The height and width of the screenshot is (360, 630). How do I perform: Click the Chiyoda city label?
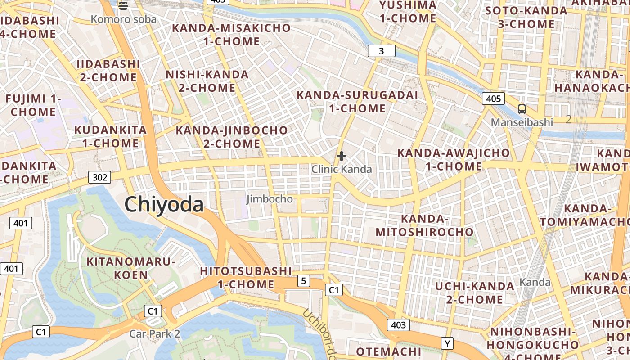[x=164, y=204]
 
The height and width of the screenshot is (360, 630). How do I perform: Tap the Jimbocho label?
[x=270, y=199]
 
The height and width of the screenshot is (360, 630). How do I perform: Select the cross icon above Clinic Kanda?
[x=342, y=156]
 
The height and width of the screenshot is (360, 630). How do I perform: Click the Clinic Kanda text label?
[x=342, y=169]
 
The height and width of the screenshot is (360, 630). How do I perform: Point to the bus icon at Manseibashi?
[x=522, y=109]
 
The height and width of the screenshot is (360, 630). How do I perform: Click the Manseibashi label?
[x=522, y=122]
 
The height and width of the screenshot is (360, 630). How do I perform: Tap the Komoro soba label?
[x=124, y=19]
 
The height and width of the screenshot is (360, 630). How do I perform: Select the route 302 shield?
[x=99, y=177]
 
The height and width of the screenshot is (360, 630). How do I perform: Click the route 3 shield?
[x=381, y=51]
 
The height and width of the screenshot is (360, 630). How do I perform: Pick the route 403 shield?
[x=398, y=324]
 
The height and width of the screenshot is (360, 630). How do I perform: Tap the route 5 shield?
[x=303, y=281]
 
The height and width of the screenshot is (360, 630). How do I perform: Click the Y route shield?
[x=447, y=344]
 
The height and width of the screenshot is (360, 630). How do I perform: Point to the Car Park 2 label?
[x=155, y=333]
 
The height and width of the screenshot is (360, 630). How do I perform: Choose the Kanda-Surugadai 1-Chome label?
[x=357, y=102]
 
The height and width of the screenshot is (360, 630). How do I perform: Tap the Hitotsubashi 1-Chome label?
[x=246, y=278]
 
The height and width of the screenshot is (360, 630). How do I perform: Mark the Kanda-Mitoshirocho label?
[x=424, y=225]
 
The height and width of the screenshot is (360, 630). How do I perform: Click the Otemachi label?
[x=388, y=351]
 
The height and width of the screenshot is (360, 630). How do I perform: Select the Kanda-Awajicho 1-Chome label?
[x=454, y=160]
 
